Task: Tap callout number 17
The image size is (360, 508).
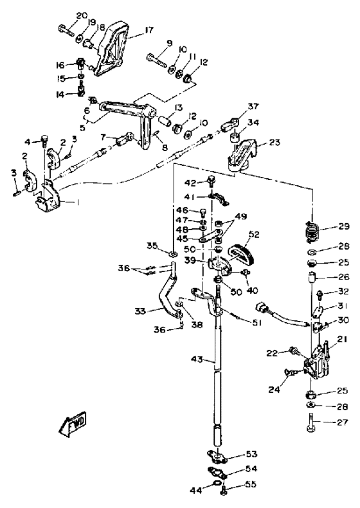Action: (x=148, y=30)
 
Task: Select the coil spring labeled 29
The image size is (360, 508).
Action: (x=312, y=231)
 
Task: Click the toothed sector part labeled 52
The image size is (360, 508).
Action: (x=243, y=252)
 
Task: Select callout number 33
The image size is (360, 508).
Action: (x=140, y=312)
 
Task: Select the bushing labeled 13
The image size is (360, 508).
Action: (x=165, y=120)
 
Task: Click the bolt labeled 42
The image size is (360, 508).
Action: (x=212, y=180)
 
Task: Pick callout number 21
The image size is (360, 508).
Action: (x=343, y=340)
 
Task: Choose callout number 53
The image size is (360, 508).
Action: (x=251, y=454)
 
